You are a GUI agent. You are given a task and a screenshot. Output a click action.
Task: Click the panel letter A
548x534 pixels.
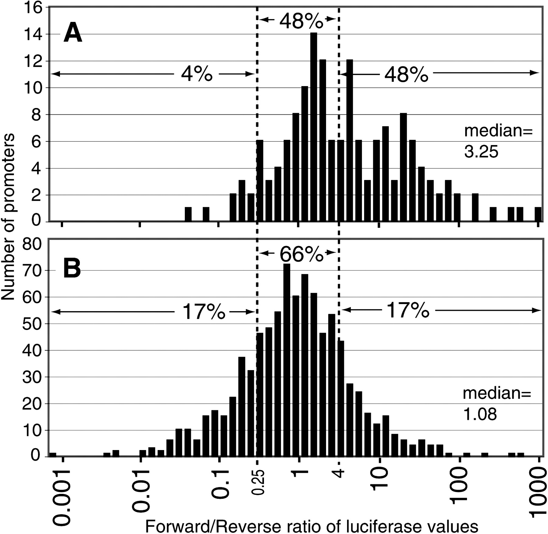click(x=72, y=34)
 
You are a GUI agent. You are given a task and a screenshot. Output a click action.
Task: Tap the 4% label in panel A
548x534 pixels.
click(x=196, y=74)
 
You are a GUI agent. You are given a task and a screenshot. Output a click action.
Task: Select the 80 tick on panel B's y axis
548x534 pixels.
click(x=32, y=245)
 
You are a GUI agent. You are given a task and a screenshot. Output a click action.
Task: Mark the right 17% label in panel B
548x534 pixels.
click(x=408, y=311)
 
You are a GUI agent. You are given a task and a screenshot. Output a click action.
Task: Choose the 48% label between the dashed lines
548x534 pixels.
click(x=300, y=21)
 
